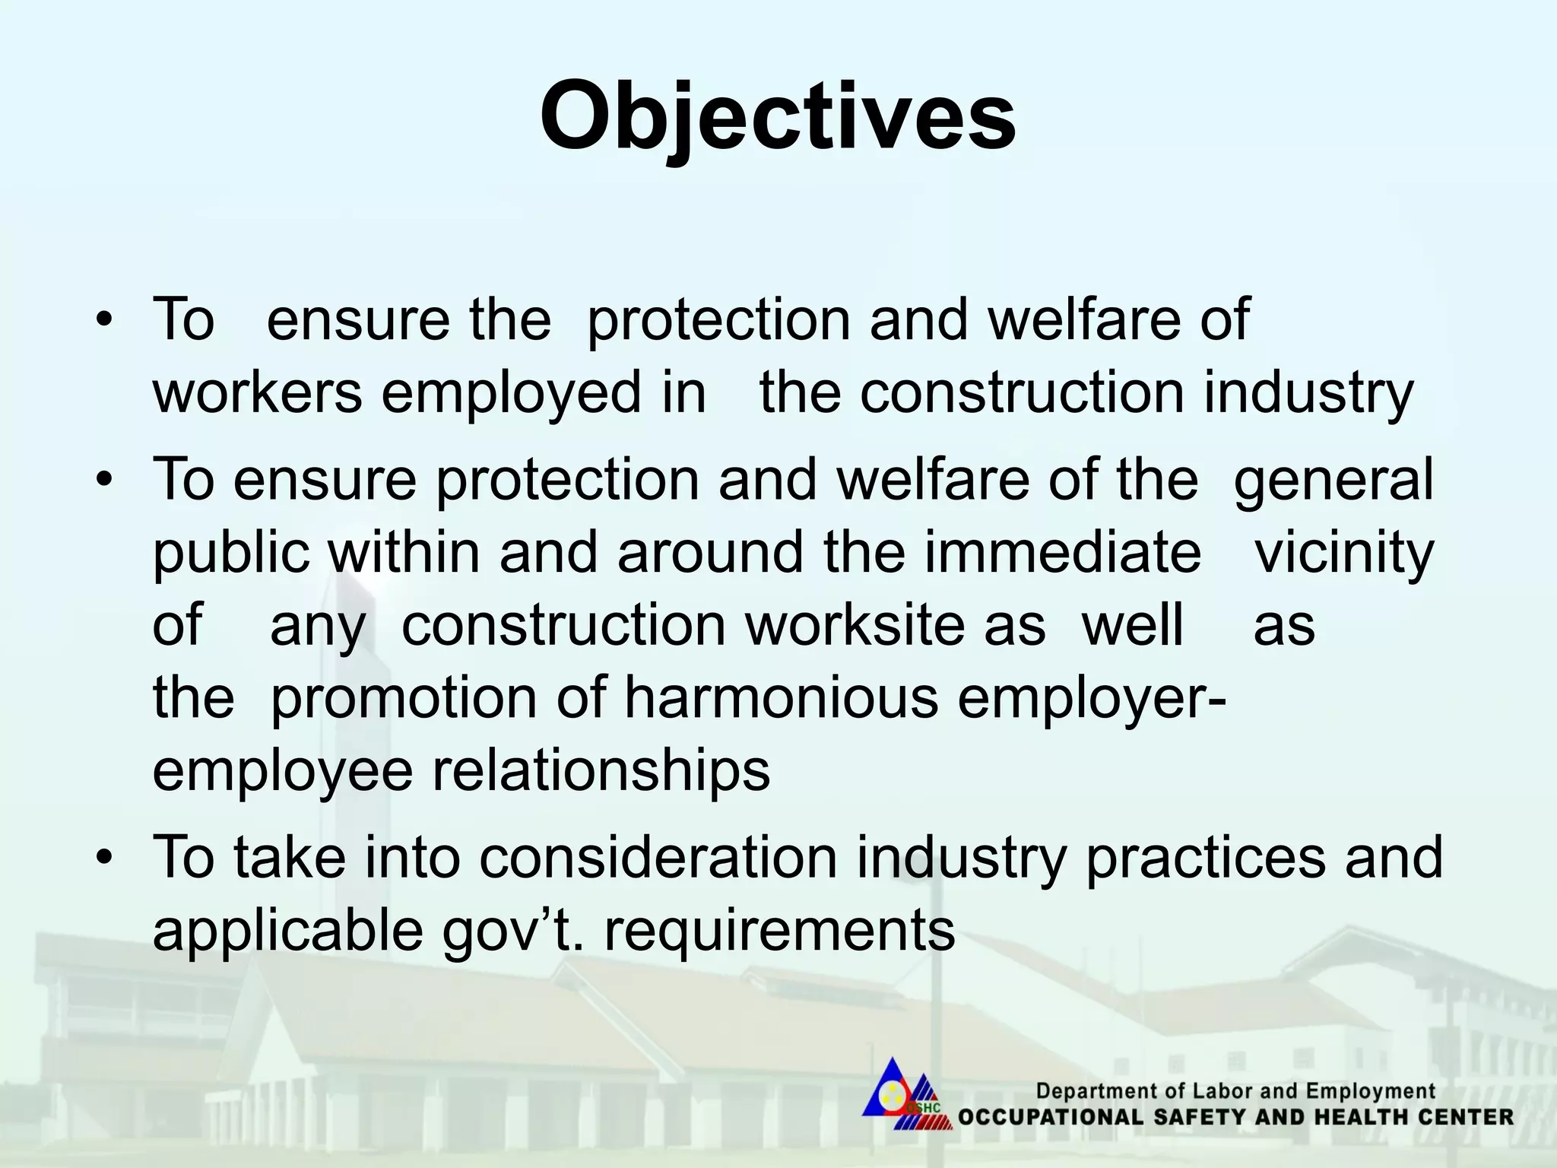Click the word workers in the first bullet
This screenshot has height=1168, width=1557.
pos(257,393)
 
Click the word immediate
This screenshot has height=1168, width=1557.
pos(1063,551)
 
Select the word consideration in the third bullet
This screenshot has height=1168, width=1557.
pos(658,857)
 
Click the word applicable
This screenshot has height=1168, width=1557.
pos(287,931)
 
